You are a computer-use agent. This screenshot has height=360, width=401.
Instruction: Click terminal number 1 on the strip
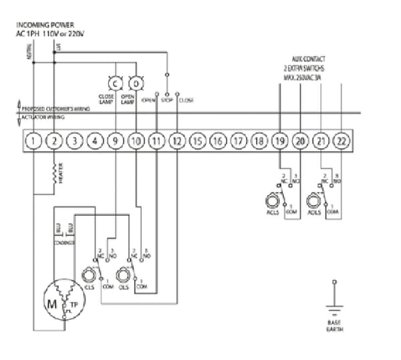coord(35,141)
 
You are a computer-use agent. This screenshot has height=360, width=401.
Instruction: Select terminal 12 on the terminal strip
coord(176,141)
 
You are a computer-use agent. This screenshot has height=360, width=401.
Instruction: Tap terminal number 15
coord(196,141)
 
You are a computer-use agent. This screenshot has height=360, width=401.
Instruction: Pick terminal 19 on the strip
coord(279,141)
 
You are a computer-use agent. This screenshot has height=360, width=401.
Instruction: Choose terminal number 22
coord(341,141)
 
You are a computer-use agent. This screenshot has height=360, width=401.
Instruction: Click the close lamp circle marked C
coord(115,83)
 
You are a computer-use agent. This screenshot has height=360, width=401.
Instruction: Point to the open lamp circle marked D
coord(136,83)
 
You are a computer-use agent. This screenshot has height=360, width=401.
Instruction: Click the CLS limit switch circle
coord(88,275)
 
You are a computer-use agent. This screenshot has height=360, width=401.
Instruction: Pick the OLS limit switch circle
coord(122,275)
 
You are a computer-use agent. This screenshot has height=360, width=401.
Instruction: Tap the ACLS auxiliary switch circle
coord(273,200)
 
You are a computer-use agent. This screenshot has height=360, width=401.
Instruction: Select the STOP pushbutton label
coord(167,100)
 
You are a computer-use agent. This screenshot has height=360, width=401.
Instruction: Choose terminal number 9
coord(115,141)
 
